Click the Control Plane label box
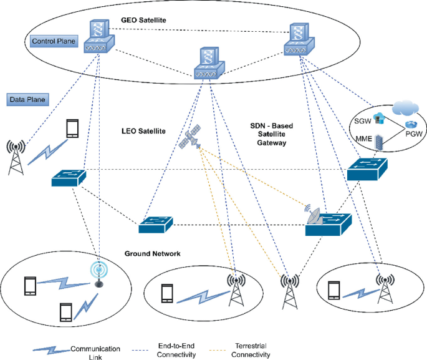coord(53,42)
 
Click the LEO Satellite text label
coord(143,132)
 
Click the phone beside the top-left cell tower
coord(73,129)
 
